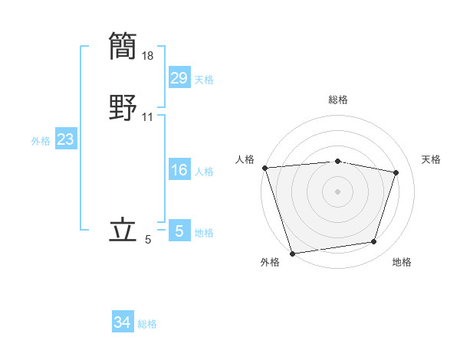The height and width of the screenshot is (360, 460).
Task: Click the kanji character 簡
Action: coord(123,46)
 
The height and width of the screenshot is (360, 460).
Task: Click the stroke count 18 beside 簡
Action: coord(148,55)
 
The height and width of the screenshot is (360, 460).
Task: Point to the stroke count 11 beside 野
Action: coord(148,117)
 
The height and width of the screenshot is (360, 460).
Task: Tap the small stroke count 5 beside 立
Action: coord(148,240)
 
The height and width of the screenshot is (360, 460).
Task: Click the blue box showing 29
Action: coord(179,77)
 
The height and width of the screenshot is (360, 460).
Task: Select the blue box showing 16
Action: coord(179,170)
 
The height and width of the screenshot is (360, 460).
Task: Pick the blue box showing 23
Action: coord(66,139)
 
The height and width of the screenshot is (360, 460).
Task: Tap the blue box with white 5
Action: coord(179,231)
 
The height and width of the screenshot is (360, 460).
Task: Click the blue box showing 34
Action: coord(122,322)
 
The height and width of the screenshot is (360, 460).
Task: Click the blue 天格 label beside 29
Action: coord(204,79)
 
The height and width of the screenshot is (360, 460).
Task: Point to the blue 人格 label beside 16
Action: coord(204,172)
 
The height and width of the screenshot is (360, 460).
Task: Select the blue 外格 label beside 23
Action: coord(41,141)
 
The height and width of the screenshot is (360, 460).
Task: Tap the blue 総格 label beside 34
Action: coord(147,324)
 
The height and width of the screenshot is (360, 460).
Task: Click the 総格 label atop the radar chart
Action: coord(337,100)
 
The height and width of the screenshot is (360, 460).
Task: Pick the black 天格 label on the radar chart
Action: coord(431,159)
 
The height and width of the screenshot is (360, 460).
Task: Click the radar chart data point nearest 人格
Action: coord(264,168)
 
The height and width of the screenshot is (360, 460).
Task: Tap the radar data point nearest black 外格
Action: coord(292,253)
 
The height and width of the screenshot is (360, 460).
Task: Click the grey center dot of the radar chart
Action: coord(337,191)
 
